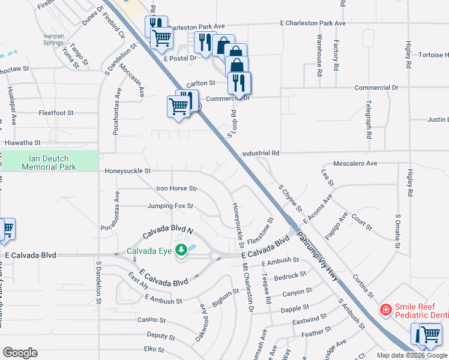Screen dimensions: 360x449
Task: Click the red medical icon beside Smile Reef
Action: coord(385,310)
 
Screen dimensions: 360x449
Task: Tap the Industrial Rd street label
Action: coord(261,154)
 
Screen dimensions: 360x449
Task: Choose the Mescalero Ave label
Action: coord(355,163)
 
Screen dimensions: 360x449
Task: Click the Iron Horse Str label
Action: coord(176,188)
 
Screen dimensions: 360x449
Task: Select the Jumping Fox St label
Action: coord(170,206)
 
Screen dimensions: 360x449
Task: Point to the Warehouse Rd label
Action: coord(320,53)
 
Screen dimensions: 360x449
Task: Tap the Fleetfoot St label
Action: coord(56,113)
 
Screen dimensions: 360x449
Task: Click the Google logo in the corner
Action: coord(20,353)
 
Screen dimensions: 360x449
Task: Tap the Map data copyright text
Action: coord(412,355)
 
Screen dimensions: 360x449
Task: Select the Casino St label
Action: coord(151,320)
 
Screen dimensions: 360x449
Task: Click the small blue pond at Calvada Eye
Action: coord(192,247)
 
